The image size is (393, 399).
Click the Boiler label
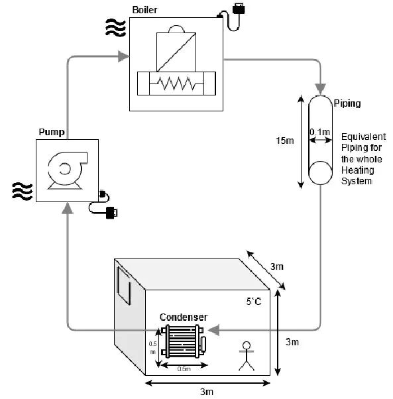(x=144, y=10)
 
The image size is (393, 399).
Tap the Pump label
(x=52, y=132)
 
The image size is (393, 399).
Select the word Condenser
(x=184, y=317)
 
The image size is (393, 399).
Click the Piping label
(x=347, y=103)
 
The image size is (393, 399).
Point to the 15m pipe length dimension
(x=285, y=141)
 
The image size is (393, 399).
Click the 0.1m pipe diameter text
(x=319, y=132)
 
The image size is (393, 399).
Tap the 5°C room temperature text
(x=254, y=302)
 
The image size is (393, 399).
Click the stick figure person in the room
(x=247, y=357)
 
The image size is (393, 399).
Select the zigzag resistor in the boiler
(x=176, y=84)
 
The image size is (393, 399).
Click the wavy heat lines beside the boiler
(x=115, y=27)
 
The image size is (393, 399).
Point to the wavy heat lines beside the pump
(x=23, y=191)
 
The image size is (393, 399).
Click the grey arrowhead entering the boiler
(x=124, y=56)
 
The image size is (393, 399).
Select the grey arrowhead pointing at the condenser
(x=213, y=330)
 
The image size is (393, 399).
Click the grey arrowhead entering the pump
(x=68, y=208)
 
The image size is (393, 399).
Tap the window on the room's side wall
(x=124, y=285)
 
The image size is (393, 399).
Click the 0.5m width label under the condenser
(x=184, y=369)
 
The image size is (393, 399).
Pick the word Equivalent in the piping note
(x=363, y=137)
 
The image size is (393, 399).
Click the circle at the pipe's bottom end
(x=320, y=173)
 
